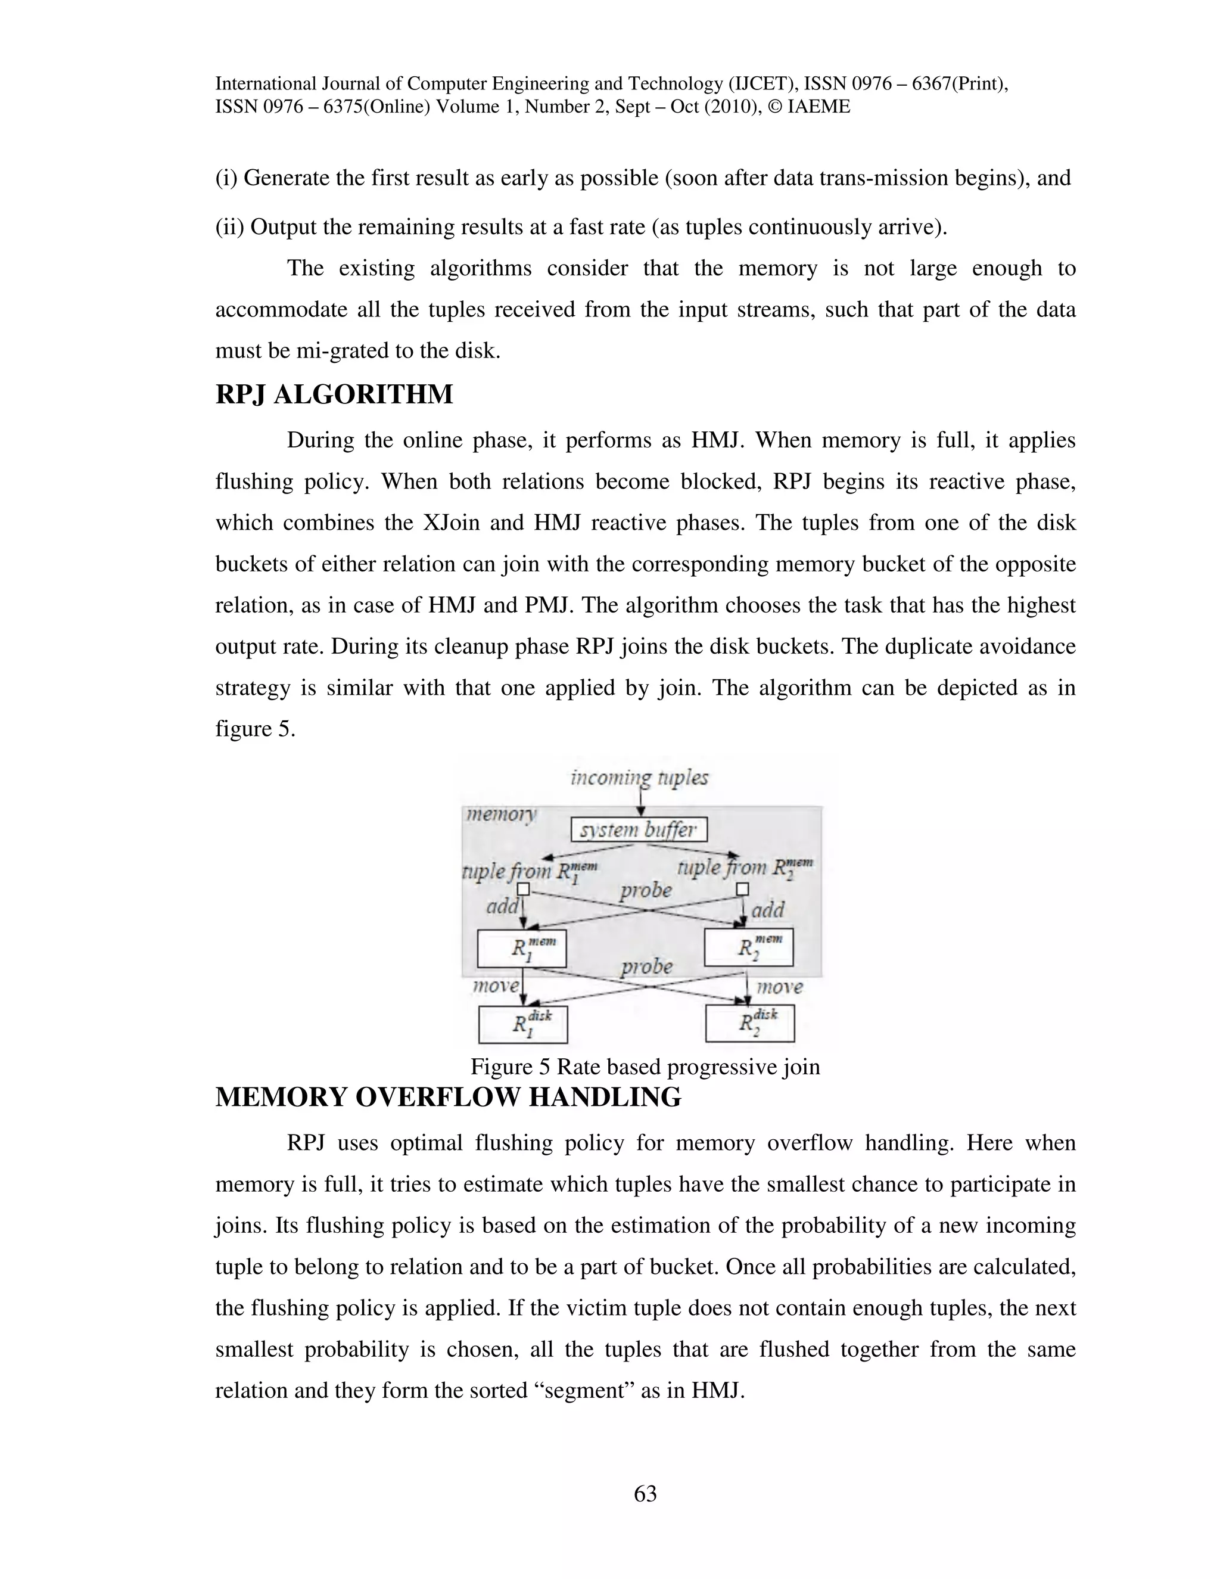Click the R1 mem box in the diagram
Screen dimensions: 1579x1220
coord(522,948)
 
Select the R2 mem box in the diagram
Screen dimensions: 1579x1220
coord(749,947)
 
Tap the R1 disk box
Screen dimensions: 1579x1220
coord(523,1024)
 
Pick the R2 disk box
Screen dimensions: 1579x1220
coord(749,1023)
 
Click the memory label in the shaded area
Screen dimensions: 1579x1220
coord(501,814)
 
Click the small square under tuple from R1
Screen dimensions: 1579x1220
coord(525,889)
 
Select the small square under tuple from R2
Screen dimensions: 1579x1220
coord(742,889)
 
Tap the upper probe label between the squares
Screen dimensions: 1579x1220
coord(645,890)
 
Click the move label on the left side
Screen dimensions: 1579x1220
coord(495,986)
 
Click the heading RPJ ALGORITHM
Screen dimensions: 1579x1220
coord(334,394)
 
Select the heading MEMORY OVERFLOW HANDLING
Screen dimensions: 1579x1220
coord(448,1098)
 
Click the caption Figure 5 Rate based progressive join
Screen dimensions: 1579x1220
coord(645,1067)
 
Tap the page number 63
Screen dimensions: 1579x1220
coord(645,1493)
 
